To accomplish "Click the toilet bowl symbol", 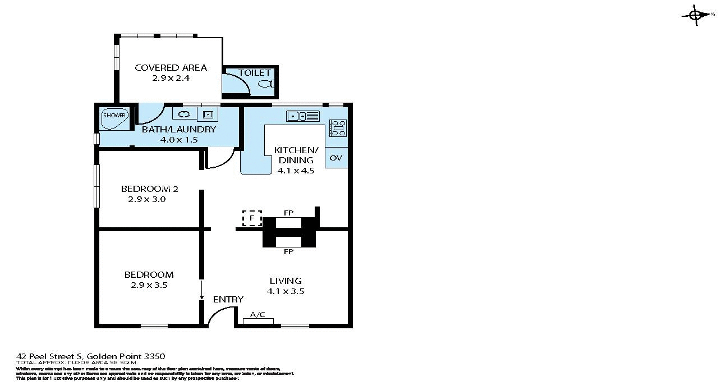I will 265,84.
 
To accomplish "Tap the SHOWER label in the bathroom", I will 114,116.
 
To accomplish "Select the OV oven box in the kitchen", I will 336,158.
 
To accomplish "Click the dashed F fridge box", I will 252,218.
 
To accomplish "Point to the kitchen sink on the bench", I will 302,116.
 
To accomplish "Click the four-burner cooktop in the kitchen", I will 338,128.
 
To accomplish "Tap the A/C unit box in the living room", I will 258,320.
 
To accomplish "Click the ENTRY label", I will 228,300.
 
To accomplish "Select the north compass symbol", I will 696,15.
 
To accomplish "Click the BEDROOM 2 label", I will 150,189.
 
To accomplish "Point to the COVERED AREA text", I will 171,68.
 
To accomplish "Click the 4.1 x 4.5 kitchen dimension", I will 296,171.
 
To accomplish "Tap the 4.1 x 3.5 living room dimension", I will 286,291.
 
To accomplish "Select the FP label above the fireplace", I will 289,213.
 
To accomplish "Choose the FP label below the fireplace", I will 289,252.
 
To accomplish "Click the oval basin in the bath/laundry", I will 185,114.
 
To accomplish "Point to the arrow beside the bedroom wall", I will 201,291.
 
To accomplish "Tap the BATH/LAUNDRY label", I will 178,130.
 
